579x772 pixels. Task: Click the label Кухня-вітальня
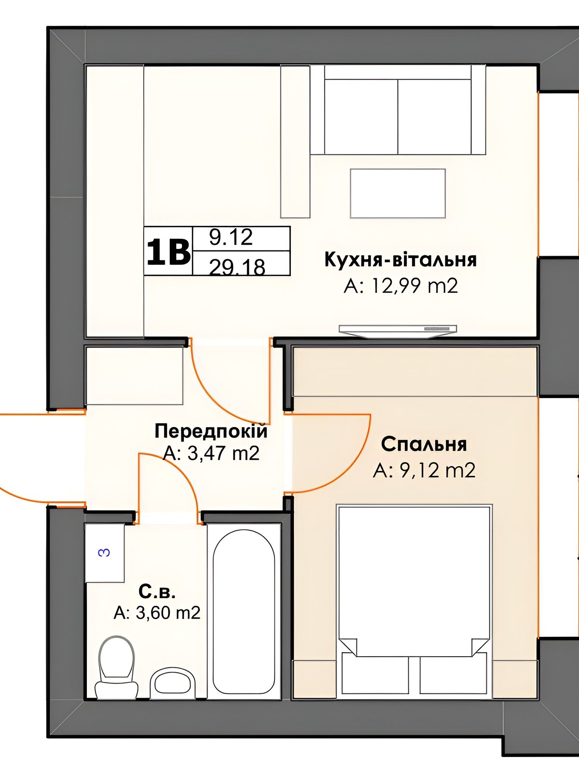(x=400, y=260)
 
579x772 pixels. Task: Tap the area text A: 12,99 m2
(x=401, y=286)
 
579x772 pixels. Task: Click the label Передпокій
(x=211, y=431)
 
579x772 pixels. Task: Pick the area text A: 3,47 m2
(x=211, y=454)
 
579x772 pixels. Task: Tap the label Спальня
(x=424, y=444)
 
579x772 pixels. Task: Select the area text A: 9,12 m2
(x=424, y=470)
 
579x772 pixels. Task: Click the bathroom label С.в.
(x=157, y=592)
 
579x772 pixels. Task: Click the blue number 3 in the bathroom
(x=105, y=552)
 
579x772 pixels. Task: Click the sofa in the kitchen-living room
(x=398, y=110)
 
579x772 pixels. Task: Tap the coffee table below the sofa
(x=398, y=193)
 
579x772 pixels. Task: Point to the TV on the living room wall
(x=398, y=330)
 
